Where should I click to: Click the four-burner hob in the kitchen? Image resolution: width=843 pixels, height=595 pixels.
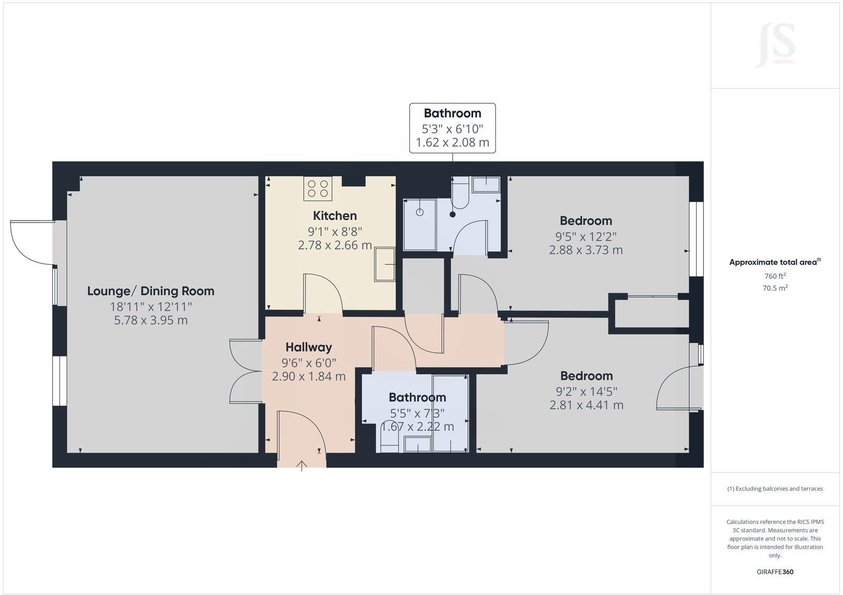point(318,189)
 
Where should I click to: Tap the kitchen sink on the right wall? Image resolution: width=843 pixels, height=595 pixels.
point(385,264)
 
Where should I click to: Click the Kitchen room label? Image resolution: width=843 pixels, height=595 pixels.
point(335,215)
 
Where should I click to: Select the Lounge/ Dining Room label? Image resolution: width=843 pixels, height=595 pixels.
point(151,291)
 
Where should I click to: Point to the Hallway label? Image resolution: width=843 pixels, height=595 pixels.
point(309,347)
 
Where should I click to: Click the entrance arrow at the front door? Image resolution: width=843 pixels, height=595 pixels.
point(302,465)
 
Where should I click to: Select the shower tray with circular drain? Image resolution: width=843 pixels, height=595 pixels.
point(420,224)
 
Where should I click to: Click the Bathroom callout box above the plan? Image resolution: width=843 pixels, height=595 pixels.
point(453,128)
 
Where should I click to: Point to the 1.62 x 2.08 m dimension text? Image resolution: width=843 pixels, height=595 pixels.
point(453,142)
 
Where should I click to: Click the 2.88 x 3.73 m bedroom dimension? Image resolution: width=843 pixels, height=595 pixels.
point(586,250)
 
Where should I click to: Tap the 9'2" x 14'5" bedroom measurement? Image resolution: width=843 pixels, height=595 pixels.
point(586,391)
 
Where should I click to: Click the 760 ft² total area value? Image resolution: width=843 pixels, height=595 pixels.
point(775,276)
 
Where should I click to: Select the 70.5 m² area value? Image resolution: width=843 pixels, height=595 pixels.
point(775,288)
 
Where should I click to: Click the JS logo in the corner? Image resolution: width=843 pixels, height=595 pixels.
point(776,45)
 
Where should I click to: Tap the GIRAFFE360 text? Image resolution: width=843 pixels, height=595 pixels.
point(775,572)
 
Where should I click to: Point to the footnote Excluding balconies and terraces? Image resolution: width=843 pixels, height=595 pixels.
point(775,488)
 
